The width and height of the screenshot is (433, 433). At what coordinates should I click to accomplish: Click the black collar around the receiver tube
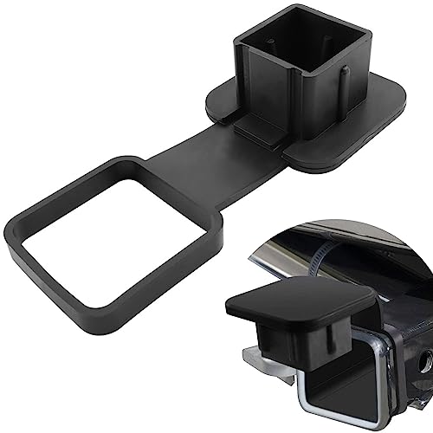pos(394,364)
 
